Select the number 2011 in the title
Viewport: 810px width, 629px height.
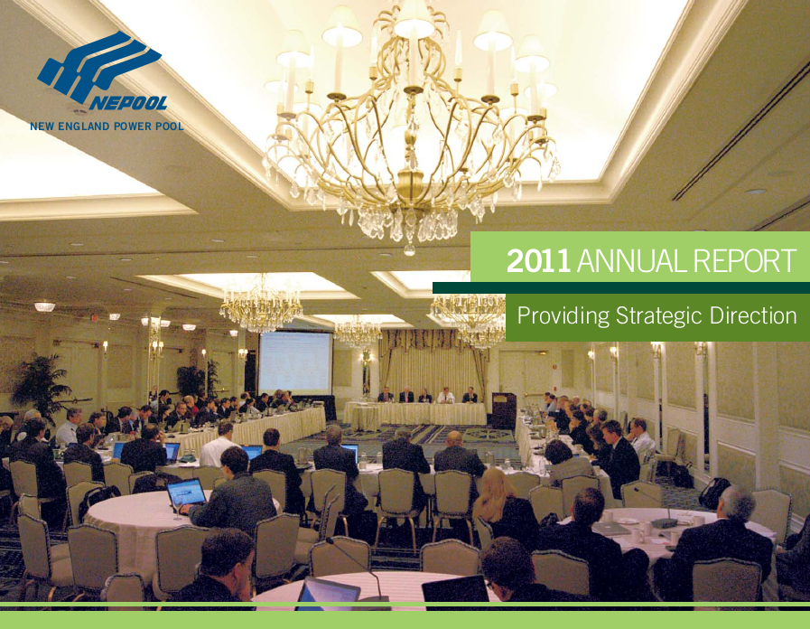click(x=538, y=261)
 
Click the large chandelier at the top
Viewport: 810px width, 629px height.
click(x=411, y=136)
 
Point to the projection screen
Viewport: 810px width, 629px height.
click(x=294, y=361)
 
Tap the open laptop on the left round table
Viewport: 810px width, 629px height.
click(x=187, y=493)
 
